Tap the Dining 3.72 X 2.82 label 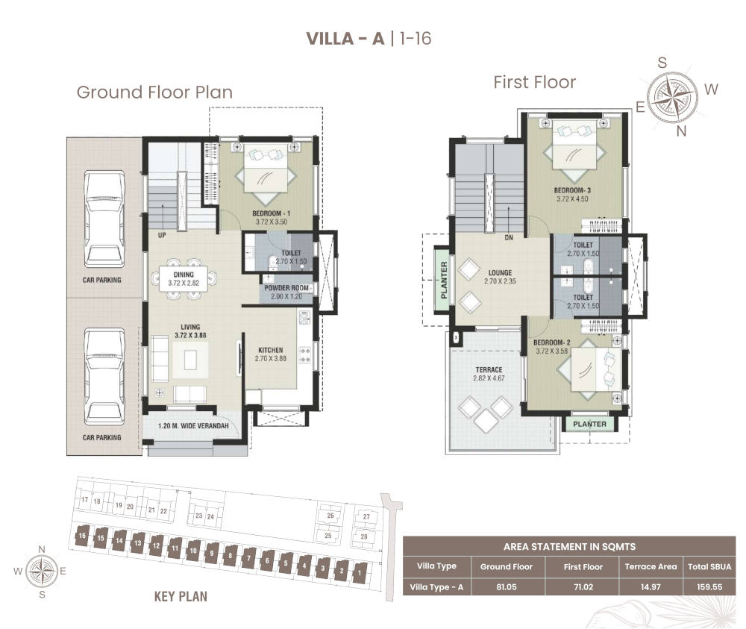184,278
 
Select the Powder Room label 286,288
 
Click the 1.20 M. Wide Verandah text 193,426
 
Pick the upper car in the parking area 104,219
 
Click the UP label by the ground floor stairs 162,235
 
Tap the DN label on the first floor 509,237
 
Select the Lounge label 500,272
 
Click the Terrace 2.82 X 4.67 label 489,374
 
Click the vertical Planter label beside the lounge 444,280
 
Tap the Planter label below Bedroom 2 590,424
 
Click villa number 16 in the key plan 82,536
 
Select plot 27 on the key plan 366,517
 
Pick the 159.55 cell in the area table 709,586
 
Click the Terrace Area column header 651,566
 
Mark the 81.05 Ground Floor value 507,586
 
